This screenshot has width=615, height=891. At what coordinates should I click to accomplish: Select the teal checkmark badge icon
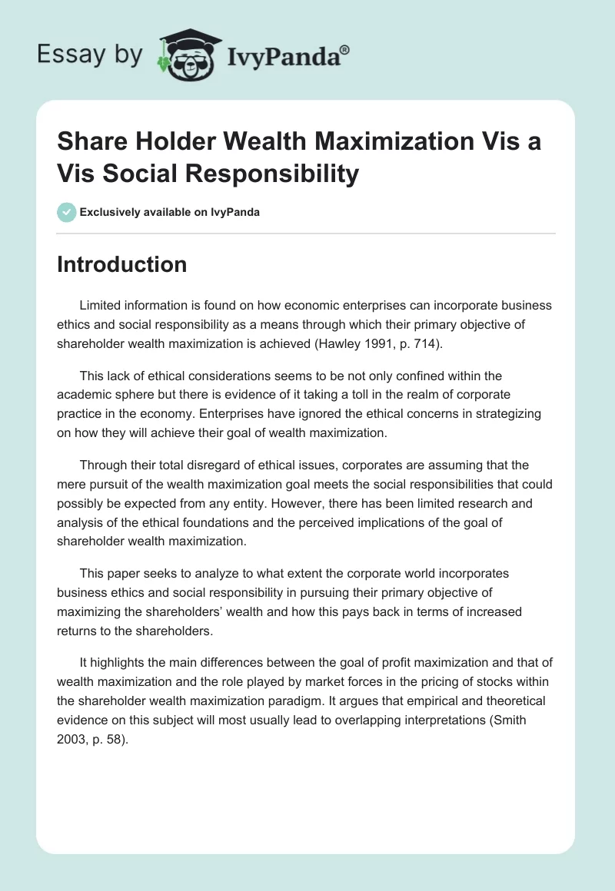tap(66, 212)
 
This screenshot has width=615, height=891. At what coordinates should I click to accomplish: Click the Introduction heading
tap(122, 264)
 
